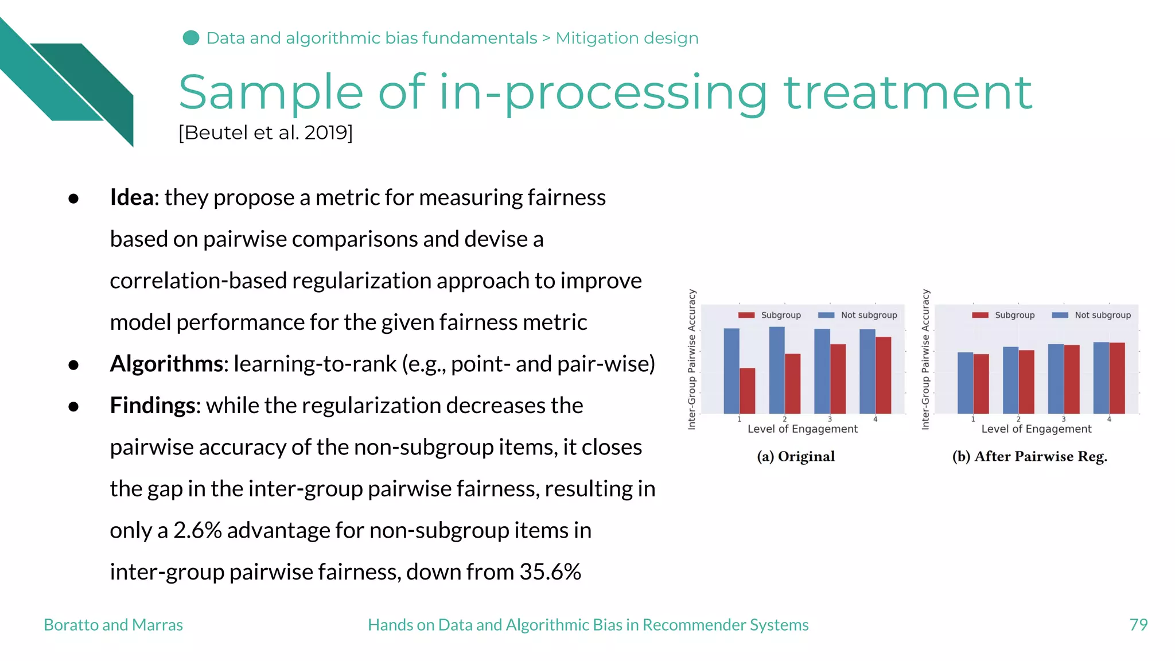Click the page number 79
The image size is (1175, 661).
pos(1138,624)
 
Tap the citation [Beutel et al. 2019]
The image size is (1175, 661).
pos(266,133)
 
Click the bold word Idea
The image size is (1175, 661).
pos(131,197)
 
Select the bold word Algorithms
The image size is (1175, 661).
pos(166,364)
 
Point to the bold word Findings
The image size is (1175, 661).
pos(152,406)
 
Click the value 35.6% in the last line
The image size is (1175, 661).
pos(550,572)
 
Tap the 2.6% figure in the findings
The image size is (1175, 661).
pos(197,531)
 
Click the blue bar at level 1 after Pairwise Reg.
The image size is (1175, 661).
pos(965,383)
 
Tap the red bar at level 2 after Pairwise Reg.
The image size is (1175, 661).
pos(1026,382)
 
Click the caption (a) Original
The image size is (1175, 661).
pos(796,457)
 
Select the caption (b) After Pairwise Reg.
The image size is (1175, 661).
pos(1029,457)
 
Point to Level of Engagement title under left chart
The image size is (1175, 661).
pos(802,429)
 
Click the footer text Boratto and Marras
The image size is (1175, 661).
pos(113,625)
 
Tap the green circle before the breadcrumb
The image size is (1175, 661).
pos(191,38)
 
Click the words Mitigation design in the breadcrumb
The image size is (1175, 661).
pos(627,38)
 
